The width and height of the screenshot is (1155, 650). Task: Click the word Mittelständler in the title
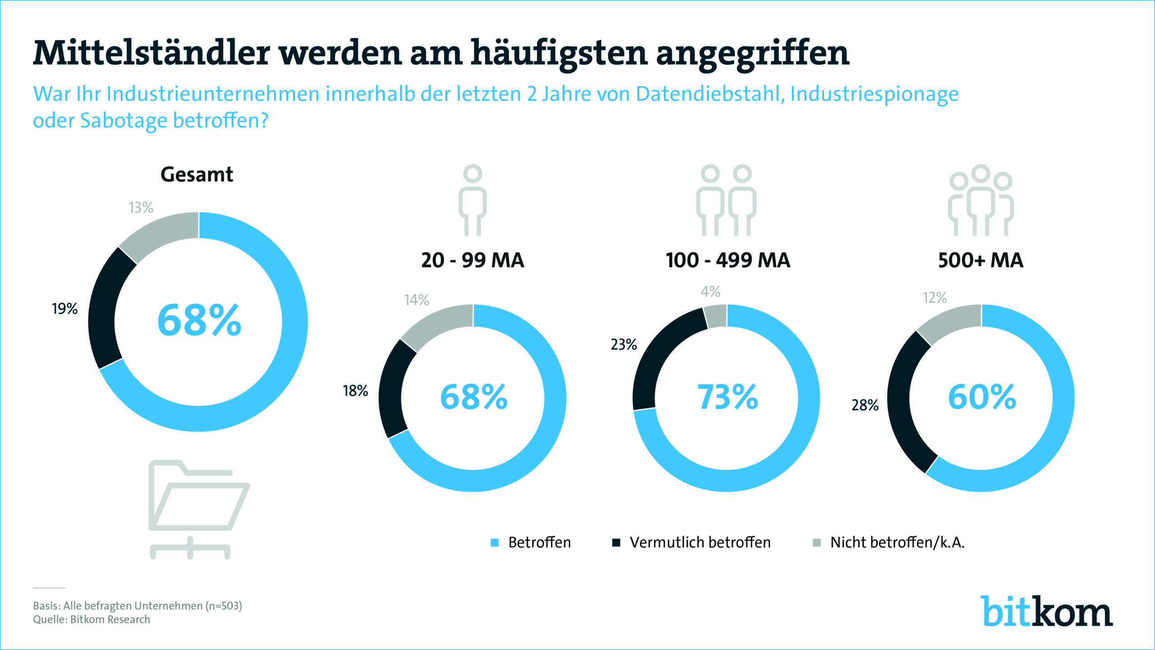click(x=151, y=53)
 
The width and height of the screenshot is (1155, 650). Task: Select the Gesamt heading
click(x=197, y=175)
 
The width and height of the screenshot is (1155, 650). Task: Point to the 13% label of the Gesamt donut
click(x=141, y=208)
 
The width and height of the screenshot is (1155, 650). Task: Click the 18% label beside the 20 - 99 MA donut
click(x=355, y=391)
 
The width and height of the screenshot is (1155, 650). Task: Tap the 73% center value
click(x=727, y=397)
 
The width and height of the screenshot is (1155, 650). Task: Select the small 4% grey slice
click(x=716, y=316)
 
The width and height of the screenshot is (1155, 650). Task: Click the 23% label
click(x=624, y=345)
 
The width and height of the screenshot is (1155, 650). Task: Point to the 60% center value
click(x=982, y=397)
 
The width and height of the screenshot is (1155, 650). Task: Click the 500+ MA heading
click(x=980, y=260)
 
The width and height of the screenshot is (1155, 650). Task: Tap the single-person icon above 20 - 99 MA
click(x=472, y=200)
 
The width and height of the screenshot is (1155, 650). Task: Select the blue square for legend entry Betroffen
click(x=494, y=543)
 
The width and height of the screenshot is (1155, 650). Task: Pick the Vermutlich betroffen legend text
click(x=700, y=543)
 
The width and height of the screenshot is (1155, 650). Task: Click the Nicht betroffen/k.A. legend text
click(x=897, y=543)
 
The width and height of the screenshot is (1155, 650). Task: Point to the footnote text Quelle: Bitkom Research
click(x=92, y=620)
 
